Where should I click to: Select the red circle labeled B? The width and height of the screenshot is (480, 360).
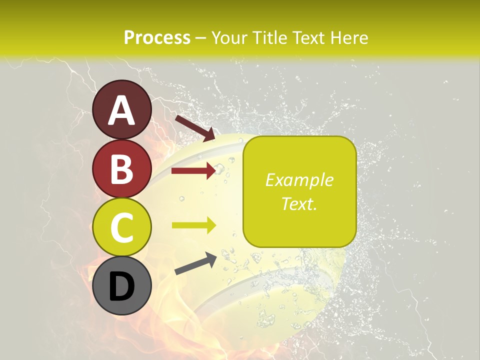[122, 169]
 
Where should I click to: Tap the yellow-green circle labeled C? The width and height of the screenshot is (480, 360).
[122, 227]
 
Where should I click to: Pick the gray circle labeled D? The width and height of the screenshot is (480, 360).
[122, 285]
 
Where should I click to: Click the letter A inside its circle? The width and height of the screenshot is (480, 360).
[122, 110]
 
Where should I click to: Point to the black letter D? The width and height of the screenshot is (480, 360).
[122, 286]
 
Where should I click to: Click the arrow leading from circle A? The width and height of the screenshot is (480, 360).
[195, 127]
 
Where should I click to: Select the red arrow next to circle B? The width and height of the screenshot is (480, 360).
[193, 170]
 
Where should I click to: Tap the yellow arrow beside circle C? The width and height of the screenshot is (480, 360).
[193, 225]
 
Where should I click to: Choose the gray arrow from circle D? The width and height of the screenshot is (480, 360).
[195, 263]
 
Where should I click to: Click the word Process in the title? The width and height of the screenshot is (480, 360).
[157, 37]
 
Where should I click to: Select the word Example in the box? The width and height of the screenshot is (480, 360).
[299, 180]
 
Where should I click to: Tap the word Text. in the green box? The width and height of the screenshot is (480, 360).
[299, 203]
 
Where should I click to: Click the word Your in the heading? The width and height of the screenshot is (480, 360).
[229, 37]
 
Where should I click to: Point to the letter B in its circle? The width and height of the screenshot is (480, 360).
[122, 169]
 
